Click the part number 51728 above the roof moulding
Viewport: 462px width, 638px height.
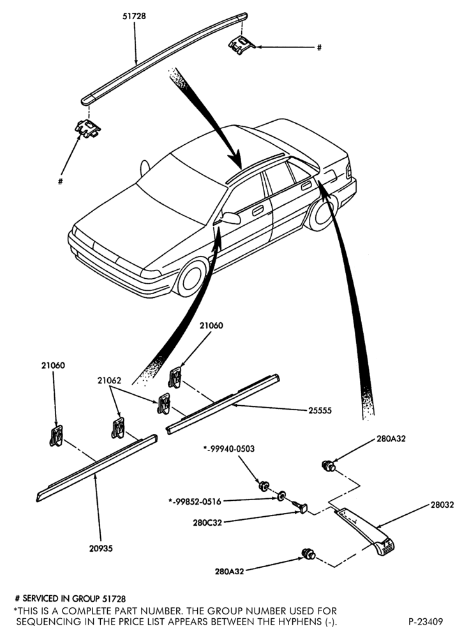tap(135, 17)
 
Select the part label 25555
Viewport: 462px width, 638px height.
tap(320, 410)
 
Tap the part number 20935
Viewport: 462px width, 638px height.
tap(101, 549)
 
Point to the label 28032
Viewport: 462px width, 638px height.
tap(442, 505)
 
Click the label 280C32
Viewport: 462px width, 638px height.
tap(207, 523)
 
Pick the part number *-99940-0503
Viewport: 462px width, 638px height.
tap(228, 449)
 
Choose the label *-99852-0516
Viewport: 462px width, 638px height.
tap(195, 501)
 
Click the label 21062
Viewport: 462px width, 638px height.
tap(109, 380)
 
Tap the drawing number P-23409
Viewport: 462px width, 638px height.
tap(426, 621)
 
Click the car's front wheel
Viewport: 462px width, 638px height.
tap(191, 278)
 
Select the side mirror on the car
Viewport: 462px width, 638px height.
tap(231, 218)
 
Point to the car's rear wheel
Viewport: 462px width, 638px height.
tap(322, 213)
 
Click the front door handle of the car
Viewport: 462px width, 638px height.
tap(258, 211)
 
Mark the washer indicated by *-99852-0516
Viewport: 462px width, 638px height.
tap(281, 496)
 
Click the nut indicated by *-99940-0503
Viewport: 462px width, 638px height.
tap(264, 486)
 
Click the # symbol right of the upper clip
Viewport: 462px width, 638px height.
tap(319, 48)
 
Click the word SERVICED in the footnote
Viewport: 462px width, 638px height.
tap(40, 598)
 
